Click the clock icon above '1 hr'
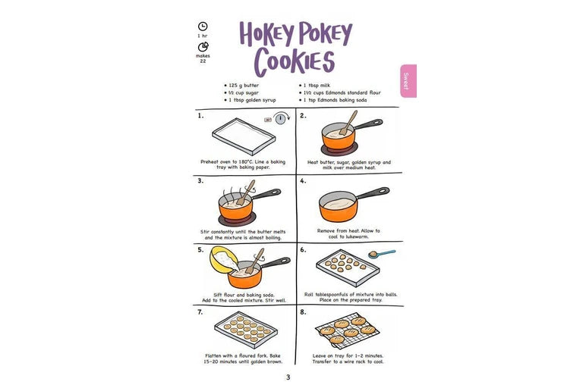click(x=203, y=27)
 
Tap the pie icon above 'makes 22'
click(x=203, y=47)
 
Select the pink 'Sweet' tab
click(x=408, y=81)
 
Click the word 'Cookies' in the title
click(x=295, y=61)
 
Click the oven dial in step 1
click(x=281, y=118)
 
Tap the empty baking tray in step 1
click(x=244, y=136)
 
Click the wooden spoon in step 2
click(x=348, y=123)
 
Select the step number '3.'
click(x=200, y=181)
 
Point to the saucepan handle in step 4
click(x=373, y=193)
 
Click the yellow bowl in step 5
click(x=224, y=260)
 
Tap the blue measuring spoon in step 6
click(x=382, y=254)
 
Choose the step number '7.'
click(x=200, y=312)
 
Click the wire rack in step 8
click(x=348, y=330)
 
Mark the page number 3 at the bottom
click(x=288, y=377)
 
